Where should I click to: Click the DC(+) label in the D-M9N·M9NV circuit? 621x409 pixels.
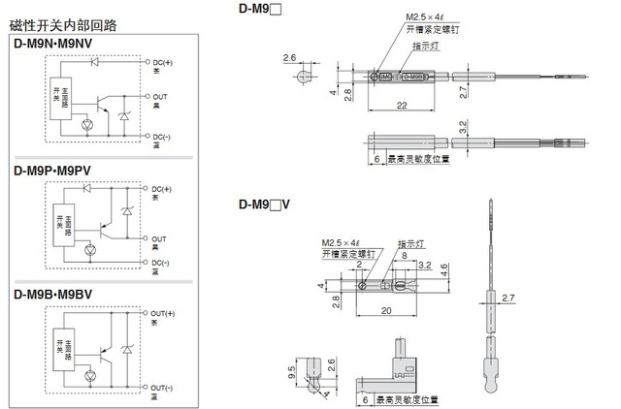pyautogui.click(x=162, y=62)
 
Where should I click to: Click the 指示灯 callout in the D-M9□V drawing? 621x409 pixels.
pyautogui.click(x=409, y=243)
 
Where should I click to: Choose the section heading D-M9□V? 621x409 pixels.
pyautogui.click(x=264, y=204)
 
